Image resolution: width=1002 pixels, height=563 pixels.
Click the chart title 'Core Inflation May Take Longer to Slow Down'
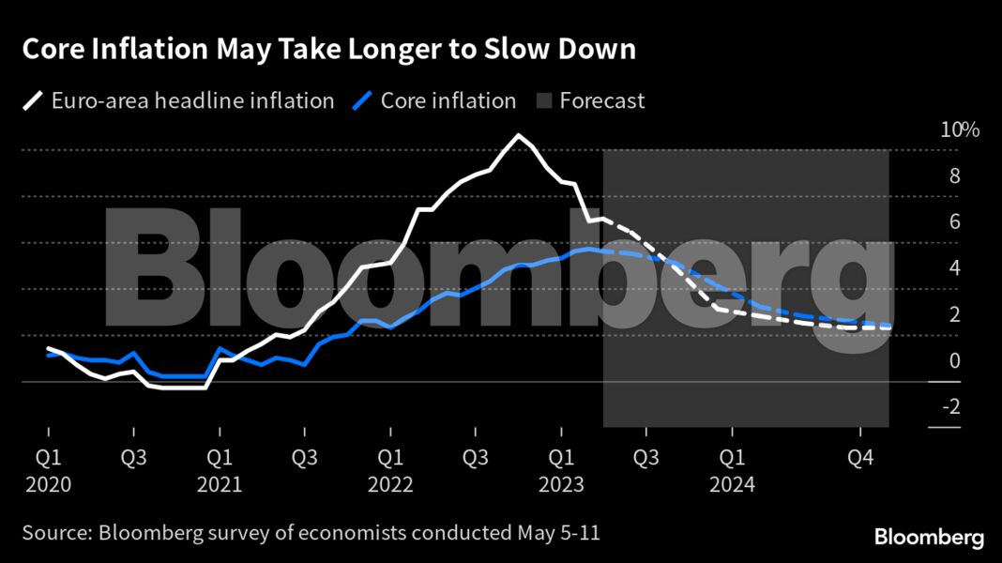[x=328, y=50]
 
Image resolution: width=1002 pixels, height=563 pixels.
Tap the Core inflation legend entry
[x=448, y=100]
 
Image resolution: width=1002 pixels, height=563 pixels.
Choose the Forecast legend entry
[x=601, y=100]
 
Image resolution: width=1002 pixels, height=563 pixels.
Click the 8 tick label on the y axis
[x=953, y=176]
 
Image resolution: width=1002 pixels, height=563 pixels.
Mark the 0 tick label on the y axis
[x=953, y=361]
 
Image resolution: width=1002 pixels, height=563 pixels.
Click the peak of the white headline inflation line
[x=517, y=135]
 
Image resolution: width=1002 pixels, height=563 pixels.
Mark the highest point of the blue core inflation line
[x=586, y=249]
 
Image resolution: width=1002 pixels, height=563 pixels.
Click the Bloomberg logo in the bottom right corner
[x=929, y=538]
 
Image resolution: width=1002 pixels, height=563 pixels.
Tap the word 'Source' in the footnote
[x=54, y=533]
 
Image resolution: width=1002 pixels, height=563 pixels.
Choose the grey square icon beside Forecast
[x=543, y=100]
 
